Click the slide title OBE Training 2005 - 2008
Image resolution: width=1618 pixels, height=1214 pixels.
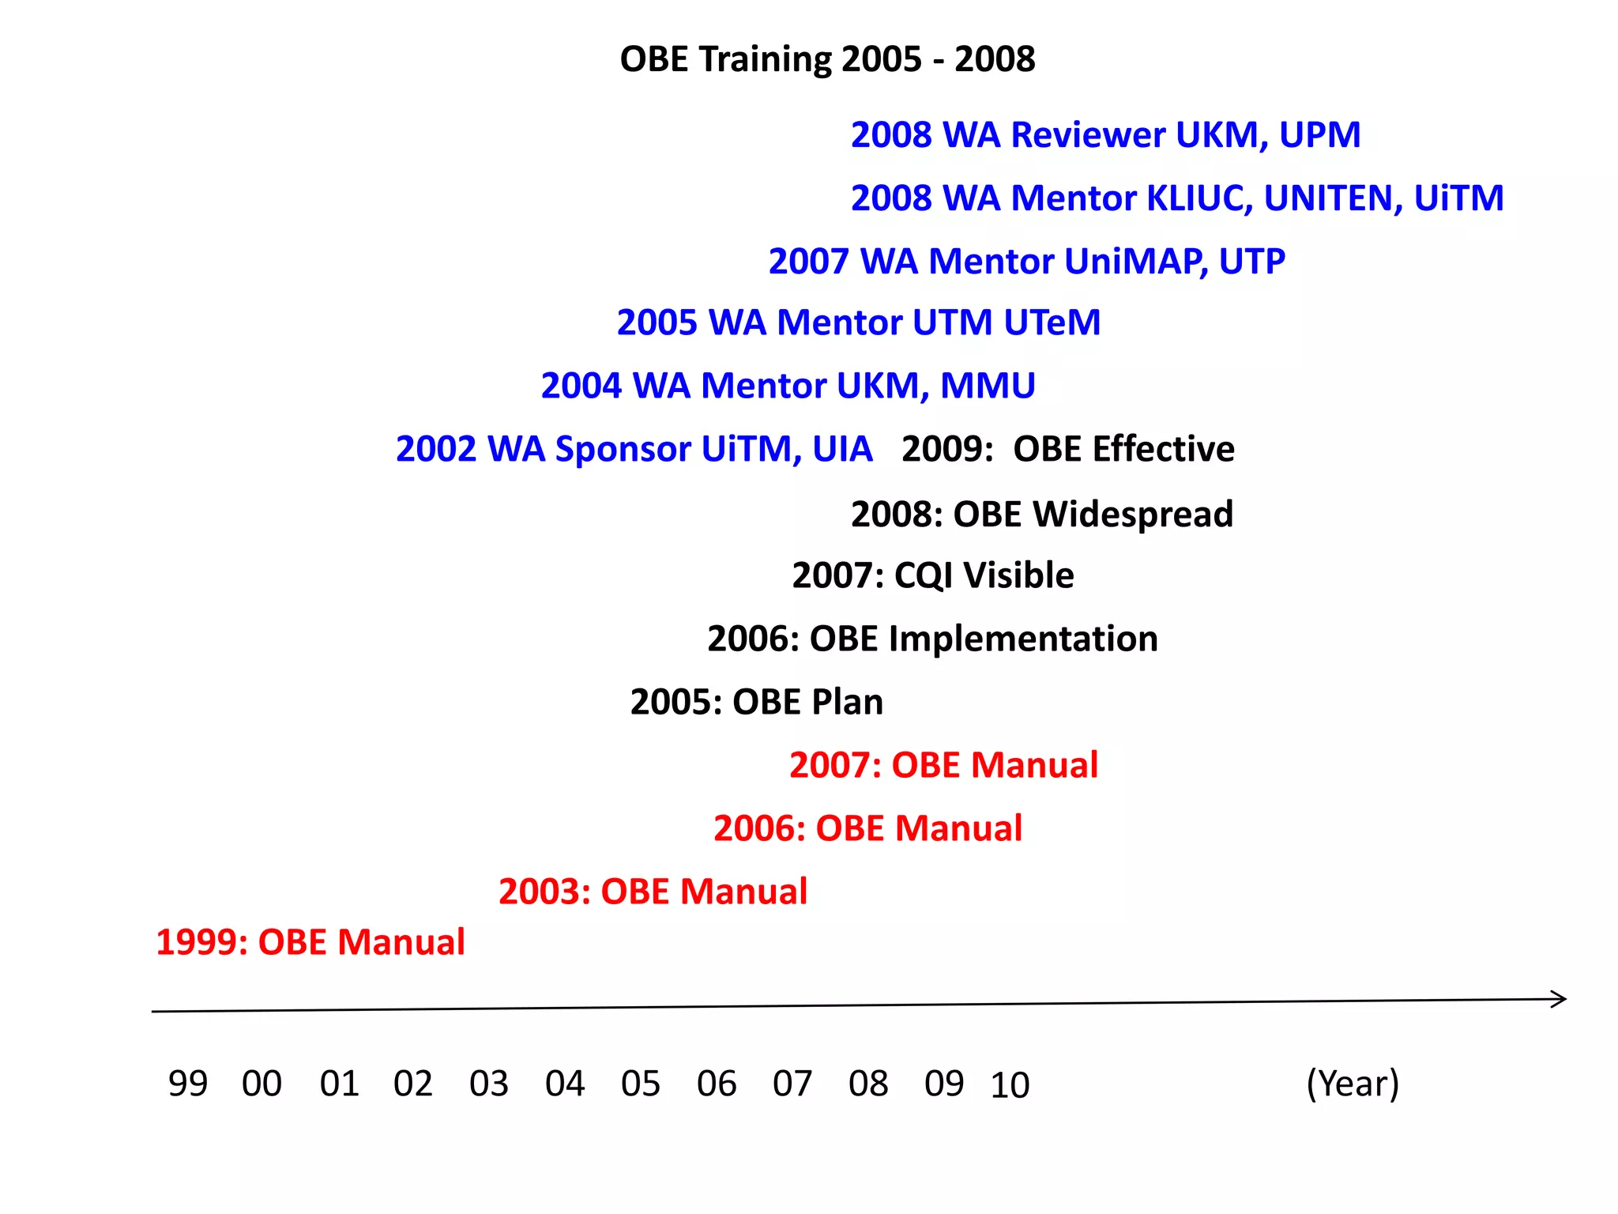(x=827, y=59)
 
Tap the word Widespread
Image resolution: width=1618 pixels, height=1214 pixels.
(x=1133, y=514)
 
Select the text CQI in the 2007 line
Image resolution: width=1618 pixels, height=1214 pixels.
(x=924, y=575)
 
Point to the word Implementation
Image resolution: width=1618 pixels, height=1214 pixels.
(x=1023, y=639)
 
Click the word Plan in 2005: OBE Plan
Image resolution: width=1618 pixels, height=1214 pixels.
(x=847, y=702)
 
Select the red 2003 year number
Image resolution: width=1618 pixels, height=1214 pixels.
(x=544, y=892)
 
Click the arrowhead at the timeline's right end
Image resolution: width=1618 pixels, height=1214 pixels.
(x=1560, y=1000)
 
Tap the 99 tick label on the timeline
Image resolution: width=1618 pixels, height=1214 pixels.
(x=187, y=1084)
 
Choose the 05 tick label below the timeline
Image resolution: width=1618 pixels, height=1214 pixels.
(x=640, y=1084)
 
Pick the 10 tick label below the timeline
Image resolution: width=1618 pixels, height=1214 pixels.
(x=1010, y=1085)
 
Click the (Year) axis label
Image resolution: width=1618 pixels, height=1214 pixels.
(x=1353, y=1084)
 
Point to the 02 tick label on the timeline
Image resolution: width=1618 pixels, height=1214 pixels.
(x=412, y=1084)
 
